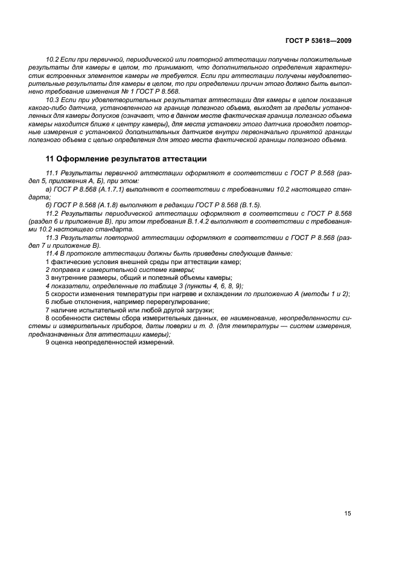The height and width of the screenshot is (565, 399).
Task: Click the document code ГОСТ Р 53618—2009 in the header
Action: click(318, 40)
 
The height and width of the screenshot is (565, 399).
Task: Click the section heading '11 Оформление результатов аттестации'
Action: click(126, 160)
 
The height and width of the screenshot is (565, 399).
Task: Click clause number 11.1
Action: click(52, 173)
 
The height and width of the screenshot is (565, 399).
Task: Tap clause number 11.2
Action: click(52, 214)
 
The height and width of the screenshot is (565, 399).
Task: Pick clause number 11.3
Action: click(52, 238)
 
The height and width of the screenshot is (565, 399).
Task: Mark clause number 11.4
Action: click(52, 254)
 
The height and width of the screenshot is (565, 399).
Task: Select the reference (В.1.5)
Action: click(243, 205)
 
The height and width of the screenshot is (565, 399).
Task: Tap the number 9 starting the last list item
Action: click(48, 342)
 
